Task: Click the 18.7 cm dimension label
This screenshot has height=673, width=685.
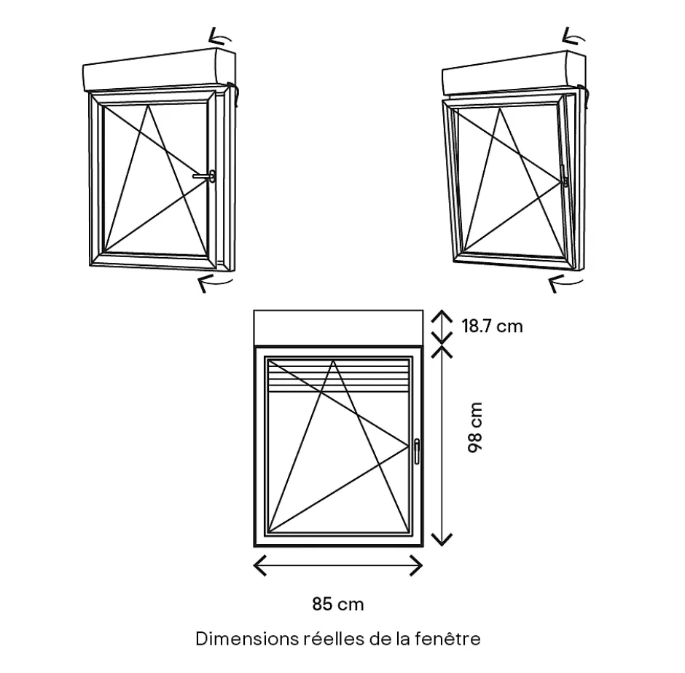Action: (x=493, y=326)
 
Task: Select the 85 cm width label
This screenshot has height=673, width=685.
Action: (x=338, y=604)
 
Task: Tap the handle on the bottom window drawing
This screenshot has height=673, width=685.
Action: (x=416, y=450)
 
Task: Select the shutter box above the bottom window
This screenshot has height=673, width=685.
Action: (x=338, y=327)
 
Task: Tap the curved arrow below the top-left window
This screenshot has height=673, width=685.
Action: (x=216, y=283)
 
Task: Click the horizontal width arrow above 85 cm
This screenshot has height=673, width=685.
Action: (x=338, y=565)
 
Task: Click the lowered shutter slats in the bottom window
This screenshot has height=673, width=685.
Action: (x=338, y=375)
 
